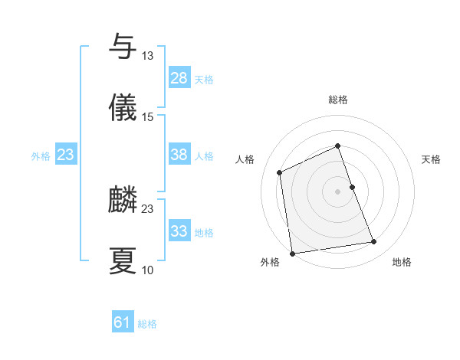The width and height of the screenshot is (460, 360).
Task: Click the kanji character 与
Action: (x=123, y=47)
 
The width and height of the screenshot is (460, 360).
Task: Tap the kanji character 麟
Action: (x=123, y=200)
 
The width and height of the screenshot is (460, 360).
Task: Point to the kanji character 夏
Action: (x=123, y=261)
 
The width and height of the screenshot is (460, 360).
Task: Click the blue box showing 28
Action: (x=179, y=78)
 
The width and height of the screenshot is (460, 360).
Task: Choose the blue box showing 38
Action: (x=179, y=155)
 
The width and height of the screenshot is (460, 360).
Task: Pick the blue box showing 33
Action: (x=179, y=231)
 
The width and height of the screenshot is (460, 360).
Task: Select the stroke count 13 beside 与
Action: (x=147, y=56)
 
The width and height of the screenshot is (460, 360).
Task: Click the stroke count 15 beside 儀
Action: (x=147, y=117)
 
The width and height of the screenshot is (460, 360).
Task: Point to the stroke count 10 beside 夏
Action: (x=147, y=270)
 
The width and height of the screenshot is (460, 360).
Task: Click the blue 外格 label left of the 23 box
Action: (x=40, y=156)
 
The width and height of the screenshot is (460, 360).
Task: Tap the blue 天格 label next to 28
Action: (x=204, y=80)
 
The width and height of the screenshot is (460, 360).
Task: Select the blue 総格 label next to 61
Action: (x=147, y=325)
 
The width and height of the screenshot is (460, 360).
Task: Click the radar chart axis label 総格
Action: (x=338, y=100)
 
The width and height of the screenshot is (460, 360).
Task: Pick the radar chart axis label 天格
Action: (x=432, y=159)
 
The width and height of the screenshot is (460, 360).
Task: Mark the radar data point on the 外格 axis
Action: (x=292, y=254)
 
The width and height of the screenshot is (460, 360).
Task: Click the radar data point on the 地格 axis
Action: (x=374, y=242)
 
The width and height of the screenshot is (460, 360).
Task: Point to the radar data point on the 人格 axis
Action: (x=281, y=172)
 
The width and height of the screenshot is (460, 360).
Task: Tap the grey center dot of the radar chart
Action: (x=338, y=191)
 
